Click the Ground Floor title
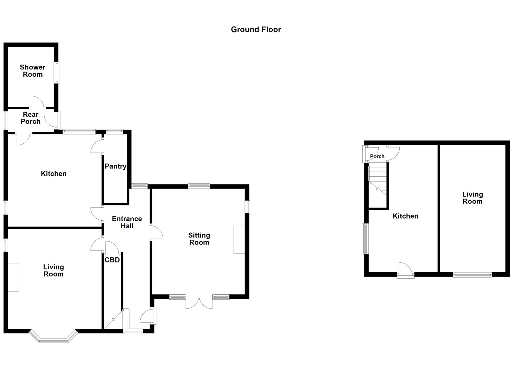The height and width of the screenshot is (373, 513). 256,30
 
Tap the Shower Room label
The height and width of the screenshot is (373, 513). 32,71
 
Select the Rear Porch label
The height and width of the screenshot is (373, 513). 30,118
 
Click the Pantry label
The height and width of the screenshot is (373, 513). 115,166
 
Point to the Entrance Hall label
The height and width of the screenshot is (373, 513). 127,222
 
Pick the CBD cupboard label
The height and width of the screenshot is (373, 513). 112,260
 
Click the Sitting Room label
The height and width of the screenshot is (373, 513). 199,239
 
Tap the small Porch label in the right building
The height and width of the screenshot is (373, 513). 377,156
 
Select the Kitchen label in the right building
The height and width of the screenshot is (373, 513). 405,216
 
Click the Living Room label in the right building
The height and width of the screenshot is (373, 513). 472,198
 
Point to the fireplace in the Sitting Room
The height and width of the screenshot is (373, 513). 239,240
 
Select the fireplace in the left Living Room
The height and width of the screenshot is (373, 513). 13,277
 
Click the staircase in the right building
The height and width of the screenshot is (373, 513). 378,180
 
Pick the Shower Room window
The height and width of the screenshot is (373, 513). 56,73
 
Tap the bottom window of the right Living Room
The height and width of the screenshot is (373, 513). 472,275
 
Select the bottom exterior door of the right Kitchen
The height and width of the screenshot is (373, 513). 406,270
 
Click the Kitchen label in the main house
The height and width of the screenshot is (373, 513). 54,174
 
